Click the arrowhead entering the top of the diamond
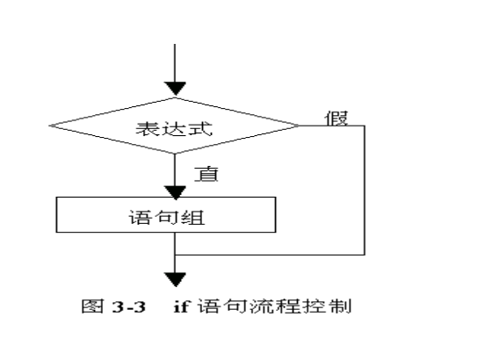(x=177, y=88)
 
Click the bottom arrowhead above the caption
(x=177, y=279)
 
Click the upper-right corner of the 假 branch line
(x=365, y=126)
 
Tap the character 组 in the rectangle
(x=199, y=216)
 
